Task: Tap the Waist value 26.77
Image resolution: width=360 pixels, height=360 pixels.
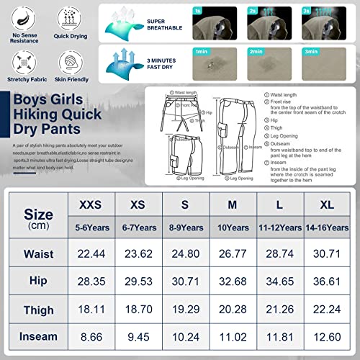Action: [x=232, y=253]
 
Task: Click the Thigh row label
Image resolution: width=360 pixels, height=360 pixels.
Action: [x=38, y=310]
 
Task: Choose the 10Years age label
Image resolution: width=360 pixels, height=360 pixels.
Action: [x=232, y=228]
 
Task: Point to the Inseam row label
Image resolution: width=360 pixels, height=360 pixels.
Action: [x=38, y=336]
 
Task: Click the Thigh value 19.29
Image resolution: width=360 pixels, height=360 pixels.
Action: [x=185, y=310]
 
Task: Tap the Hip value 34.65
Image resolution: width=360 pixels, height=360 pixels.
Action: [x=279, y=281]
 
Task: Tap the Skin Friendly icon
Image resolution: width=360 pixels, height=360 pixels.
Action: [x=66, y=61]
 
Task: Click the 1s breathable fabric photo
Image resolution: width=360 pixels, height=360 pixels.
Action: [x=218, y=22]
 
